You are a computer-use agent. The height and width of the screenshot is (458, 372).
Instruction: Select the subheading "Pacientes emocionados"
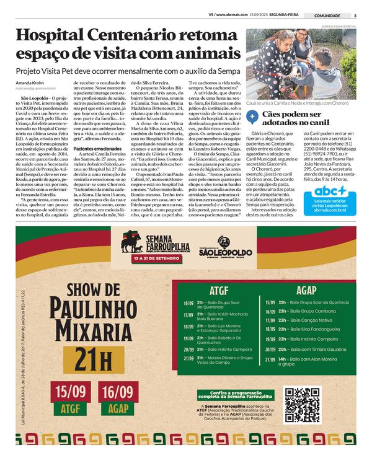pyautogui.click(x=98, y=149)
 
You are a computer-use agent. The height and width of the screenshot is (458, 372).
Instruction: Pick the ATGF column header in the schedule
pyautogui.click(x=219, y=289)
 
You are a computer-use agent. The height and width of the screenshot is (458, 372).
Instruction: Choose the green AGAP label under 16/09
pyautogui.click(x=117, y=409)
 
